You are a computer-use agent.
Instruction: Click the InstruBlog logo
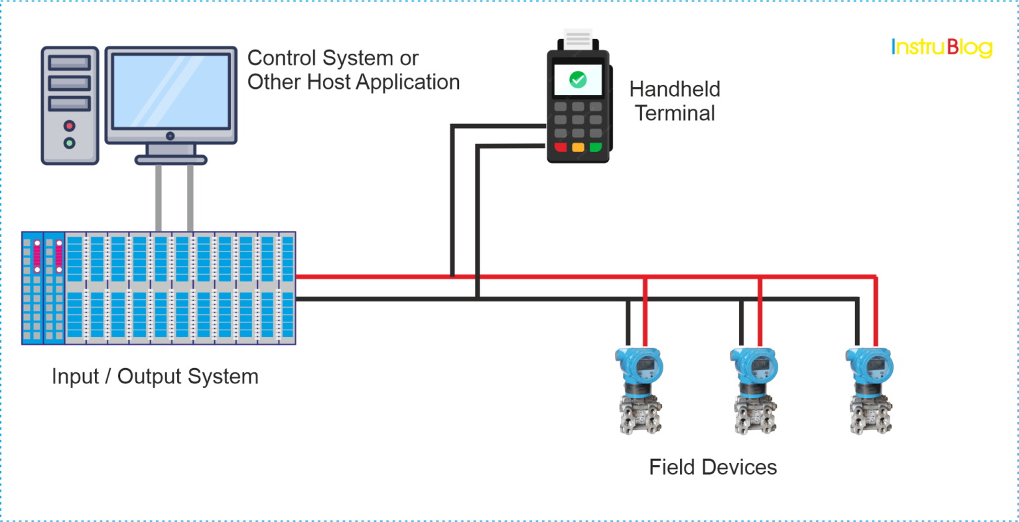click(x=941, y=47)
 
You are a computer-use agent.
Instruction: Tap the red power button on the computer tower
click(x=69, y=126)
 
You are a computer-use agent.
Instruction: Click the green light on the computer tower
click(x=69, y=143)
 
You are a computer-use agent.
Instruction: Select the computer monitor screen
click(x=170, y=91)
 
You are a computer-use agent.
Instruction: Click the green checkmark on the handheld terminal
click(x=578, y=80)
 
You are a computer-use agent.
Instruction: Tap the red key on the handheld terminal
click(x=561, y=147)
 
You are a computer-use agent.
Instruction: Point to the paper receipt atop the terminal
click(x=578, y=39)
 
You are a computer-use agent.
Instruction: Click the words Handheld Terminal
click(x=675, y=101)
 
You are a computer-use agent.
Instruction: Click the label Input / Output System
click(x=155, y=376)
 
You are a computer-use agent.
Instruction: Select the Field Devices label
click(x=713, y=467)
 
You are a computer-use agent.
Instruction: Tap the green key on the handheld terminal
click(x=595, y=147)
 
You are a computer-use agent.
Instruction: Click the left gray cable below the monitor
click(x=159, y=198)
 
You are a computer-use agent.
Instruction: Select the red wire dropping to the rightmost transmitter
click(x=876, y=312)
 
